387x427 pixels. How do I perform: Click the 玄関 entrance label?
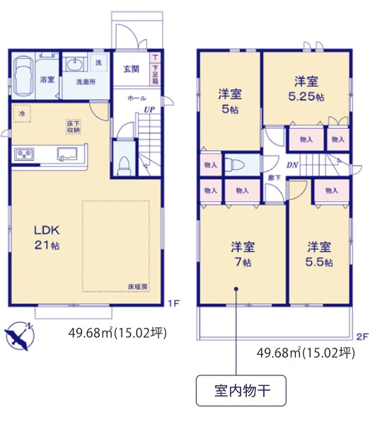(x=131, y=69)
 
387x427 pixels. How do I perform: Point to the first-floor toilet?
(x=125, y=162)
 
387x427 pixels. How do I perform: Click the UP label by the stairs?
(x=149, y=109)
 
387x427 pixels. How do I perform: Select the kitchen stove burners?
(x=25, y=154)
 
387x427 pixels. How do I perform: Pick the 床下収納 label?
(x=73, y=127)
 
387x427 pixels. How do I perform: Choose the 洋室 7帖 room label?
(x=243, y=254)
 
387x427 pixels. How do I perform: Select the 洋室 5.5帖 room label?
(x=319, y=254)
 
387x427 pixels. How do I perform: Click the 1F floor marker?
(x=173, y=304)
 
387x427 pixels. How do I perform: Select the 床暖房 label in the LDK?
(x=137, y=286)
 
